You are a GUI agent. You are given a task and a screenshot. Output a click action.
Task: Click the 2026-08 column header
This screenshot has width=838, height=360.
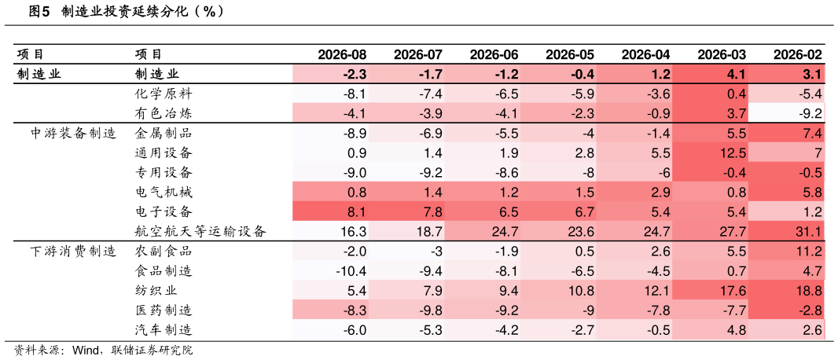[342, 54]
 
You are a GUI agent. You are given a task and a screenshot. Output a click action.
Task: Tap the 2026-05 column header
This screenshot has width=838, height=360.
[570, 54]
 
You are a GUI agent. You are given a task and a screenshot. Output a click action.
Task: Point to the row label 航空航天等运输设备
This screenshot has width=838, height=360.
[200, 231]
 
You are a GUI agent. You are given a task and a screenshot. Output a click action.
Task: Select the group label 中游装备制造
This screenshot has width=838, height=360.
[73, 133]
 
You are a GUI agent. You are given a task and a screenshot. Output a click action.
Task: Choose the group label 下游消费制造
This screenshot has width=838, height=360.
[73, 251]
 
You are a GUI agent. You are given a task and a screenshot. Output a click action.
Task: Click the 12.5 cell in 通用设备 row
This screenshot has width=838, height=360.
[733, 152]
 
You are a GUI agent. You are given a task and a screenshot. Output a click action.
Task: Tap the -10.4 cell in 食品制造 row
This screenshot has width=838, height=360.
[351, 271]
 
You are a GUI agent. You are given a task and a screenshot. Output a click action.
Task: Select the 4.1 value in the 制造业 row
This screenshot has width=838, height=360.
[736, 74]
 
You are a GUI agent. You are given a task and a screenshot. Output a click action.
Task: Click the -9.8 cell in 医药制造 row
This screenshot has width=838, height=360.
[428, 310]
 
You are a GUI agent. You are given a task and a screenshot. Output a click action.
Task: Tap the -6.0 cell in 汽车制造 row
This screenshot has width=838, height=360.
[353, 330]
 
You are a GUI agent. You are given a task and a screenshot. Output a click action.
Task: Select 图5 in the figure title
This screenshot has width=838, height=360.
[39, 12]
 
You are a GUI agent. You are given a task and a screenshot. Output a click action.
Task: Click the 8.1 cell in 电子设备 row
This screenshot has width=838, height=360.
[356, 212]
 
